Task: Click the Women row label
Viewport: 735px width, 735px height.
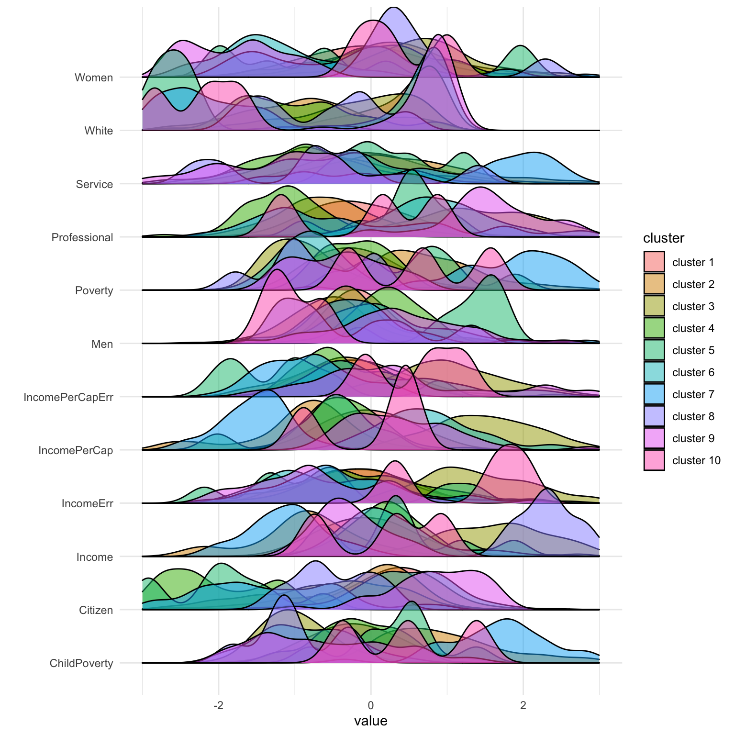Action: click(x=94, y=78)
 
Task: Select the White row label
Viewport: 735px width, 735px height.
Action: click(x=99, y=131)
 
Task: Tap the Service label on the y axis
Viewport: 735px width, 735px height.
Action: click(x=94, y=184)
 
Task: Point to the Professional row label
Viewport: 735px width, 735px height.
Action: click(x=82, y=237)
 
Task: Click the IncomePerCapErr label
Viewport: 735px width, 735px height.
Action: click(x=68, y=397)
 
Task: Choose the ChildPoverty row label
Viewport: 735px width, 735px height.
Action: click(x=81, y=663)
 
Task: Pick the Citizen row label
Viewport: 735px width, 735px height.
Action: click(x=96, y=610)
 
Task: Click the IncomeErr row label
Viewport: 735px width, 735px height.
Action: click(x=87, y=503)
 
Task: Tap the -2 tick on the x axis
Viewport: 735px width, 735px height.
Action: click(x=218, y=705)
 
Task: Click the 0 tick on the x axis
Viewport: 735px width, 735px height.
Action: click(x=371, y=705)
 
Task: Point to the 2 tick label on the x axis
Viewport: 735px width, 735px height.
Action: click(x=523, y=705)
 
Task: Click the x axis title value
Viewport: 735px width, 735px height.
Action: click(x=371, y=721)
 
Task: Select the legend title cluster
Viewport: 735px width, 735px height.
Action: click(x=663, y=238)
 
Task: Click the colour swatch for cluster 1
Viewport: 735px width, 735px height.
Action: click(x=654, y=262)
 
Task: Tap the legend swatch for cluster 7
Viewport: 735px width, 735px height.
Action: click(x=654, y=394)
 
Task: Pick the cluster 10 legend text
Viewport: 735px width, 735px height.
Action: click(x=696, y=460)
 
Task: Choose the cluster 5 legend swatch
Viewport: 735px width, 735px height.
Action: click(x=654, y=350)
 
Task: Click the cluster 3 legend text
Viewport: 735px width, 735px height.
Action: click(x=693, y=306)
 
